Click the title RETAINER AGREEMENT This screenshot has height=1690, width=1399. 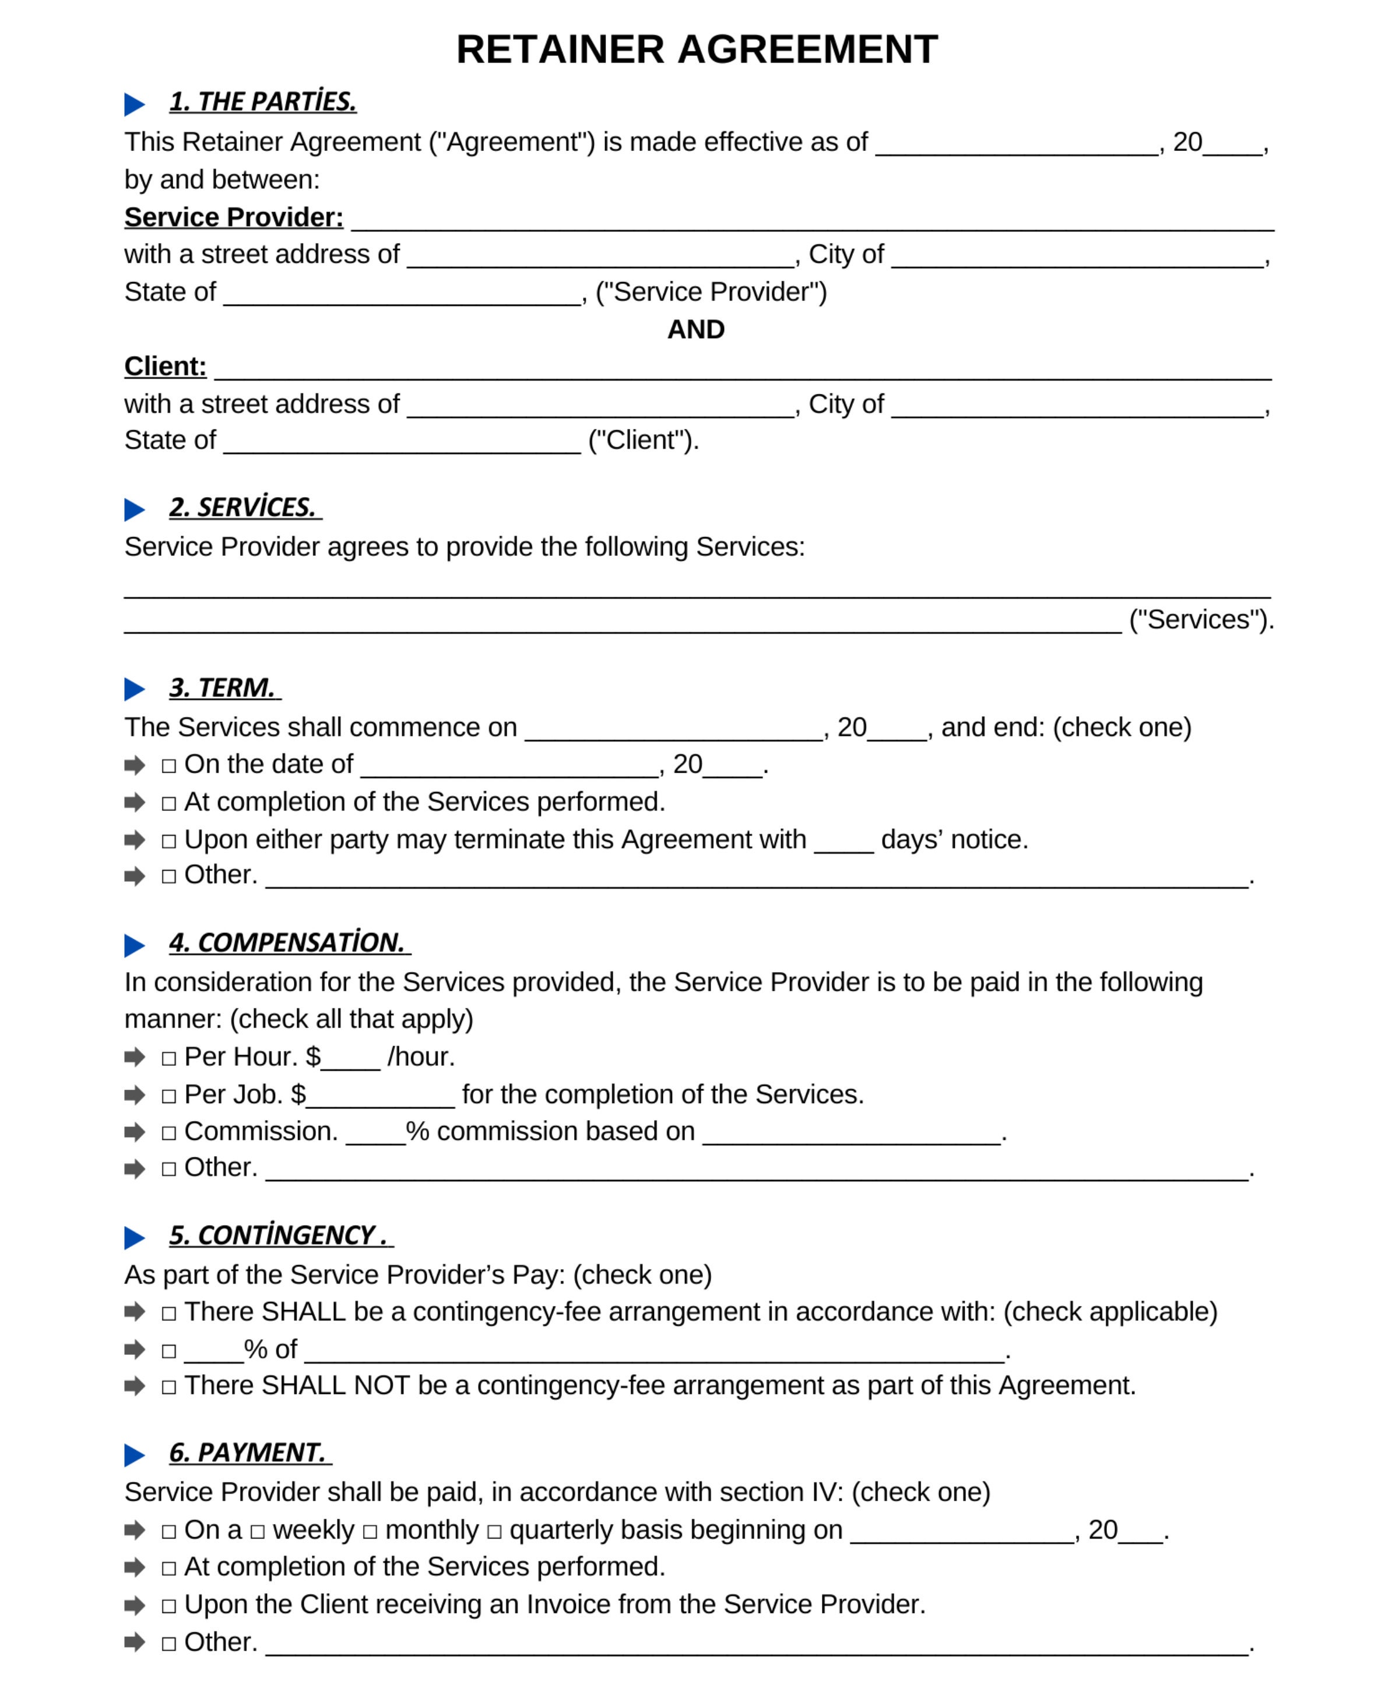[697, 50]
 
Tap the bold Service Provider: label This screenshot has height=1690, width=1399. [233, 217]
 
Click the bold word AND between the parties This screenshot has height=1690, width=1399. [695, 329]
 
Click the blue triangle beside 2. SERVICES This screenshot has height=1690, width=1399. [135, 509]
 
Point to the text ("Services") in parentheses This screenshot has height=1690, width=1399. [1200, 619]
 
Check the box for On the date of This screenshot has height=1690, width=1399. [169, 766]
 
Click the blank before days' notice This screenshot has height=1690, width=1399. [843, 841]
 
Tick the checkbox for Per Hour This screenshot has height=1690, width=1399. [169, 1059]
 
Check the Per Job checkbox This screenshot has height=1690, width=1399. [169, 1097]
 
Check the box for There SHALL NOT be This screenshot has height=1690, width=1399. [169, 1388]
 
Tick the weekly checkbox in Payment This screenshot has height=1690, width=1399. [258, 1532]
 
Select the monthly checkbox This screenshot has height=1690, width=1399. [370, 1532]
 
